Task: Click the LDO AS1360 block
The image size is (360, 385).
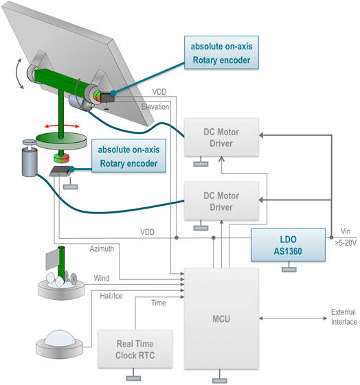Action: (288, 245)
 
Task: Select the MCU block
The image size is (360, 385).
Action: (221, 318)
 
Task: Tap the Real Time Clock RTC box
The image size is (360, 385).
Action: (135, 349)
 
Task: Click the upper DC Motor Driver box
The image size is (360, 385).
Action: (221, 137)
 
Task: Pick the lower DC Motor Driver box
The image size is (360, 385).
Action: (221, 201)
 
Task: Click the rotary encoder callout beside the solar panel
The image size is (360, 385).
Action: (221, 53)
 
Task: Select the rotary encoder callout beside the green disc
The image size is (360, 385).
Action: (128, 156)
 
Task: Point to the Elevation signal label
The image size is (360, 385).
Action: (155, 107)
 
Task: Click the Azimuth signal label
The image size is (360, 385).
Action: (102, 248)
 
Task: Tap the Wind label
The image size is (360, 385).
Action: (102, 278)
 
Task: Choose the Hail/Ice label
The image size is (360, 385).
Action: (111, 296)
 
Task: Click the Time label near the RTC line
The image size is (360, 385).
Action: (159, 303)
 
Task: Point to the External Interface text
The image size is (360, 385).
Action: (344, 317)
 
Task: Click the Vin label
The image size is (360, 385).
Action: (346, 231)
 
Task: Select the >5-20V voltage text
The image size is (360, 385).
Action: (346, 243)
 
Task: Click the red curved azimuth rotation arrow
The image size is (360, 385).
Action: (62, 126)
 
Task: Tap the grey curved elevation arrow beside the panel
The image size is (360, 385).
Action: (18, 73)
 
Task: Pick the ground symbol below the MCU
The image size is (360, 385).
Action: (220, 377)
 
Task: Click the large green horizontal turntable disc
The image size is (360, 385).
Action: (61, 141)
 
